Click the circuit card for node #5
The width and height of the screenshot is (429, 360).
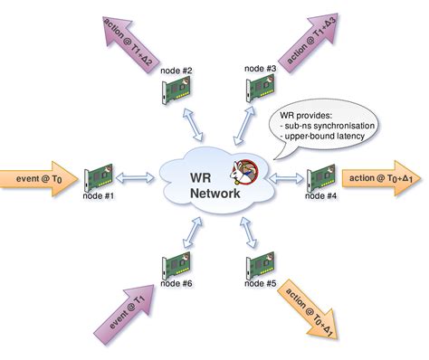[259, 266]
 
